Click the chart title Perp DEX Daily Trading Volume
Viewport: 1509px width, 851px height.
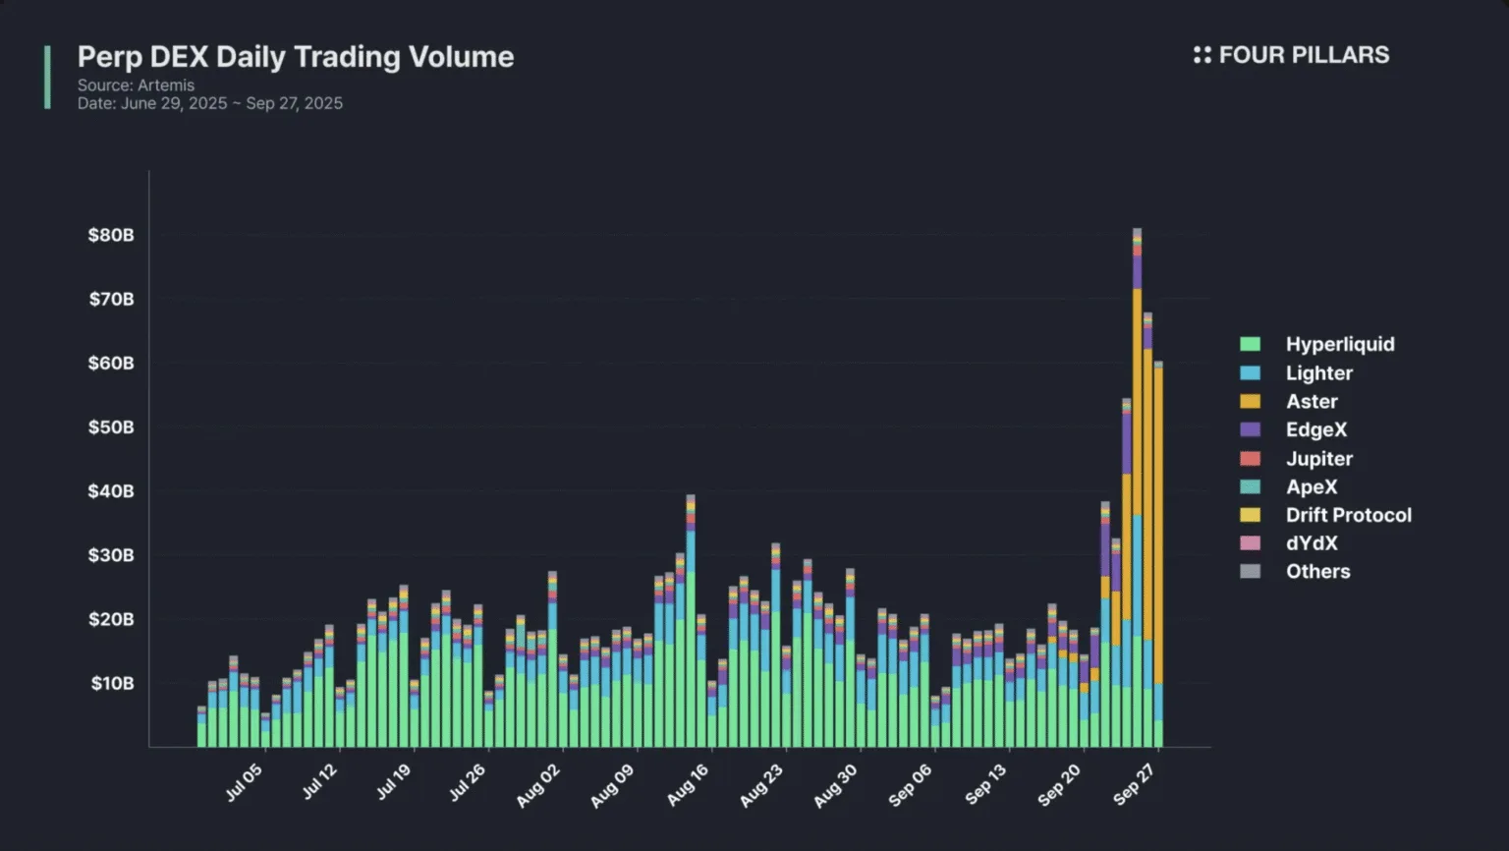295,57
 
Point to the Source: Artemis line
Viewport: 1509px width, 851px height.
136,85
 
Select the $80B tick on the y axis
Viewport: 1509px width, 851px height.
111,235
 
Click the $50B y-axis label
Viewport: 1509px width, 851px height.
111,427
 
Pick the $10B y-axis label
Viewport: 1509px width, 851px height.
112,683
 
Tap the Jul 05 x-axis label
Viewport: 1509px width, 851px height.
244,783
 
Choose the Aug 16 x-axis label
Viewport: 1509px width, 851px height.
687,786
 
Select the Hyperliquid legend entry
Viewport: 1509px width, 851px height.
1339,344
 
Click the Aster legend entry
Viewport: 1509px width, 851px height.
1312,401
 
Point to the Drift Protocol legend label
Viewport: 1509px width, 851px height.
1348,515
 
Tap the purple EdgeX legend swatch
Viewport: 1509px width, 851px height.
1250,429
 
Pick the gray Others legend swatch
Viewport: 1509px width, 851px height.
1250,571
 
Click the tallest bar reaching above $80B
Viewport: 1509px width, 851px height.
1137,491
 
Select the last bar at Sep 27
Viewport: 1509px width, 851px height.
1158,550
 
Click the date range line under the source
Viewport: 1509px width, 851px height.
210,103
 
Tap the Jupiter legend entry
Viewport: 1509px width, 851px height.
1318,459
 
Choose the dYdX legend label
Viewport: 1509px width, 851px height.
1312,543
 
